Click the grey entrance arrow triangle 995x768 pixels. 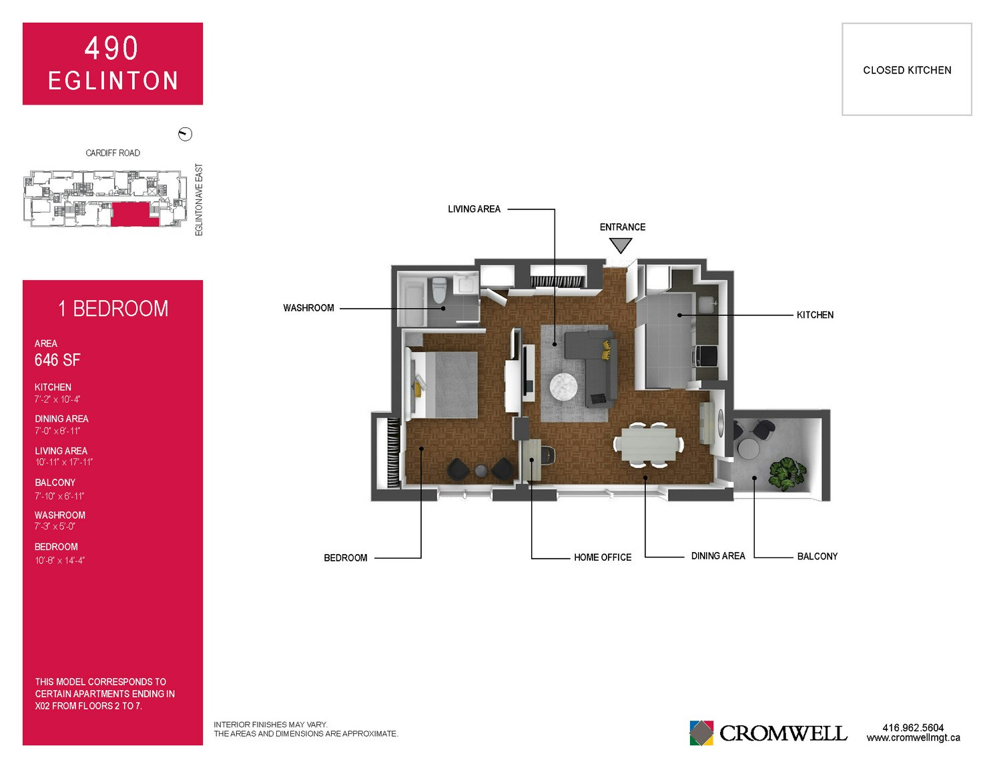click(621, 245)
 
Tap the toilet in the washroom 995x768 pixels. click(439, 290)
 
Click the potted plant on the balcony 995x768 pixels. click(787, 474)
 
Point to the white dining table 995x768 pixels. click(649, 444)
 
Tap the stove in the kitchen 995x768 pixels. click(705, 356)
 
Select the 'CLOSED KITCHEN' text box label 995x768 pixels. click(907, 71)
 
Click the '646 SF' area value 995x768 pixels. click(57, 360)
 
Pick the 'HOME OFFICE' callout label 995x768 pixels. click(602, 557)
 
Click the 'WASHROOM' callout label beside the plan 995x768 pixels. click(308, 308)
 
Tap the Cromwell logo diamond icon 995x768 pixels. click(701, 733)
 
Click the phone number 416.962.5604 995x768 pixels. click(913, 727)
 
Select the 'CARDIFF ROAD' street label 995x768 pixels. click(113, 153)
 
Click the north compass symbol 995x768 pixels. click(185, 134)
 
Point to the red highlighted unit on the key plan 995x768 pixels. click(131, 215)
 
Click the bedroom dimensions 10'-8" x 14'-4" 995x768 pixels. click(59, 560)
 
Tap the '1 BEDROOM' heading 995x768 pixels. click(113, 308)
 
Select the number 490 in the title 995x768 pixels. click(111, 48)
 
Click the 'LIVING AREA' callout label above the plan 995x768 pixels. click(474, 209)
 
